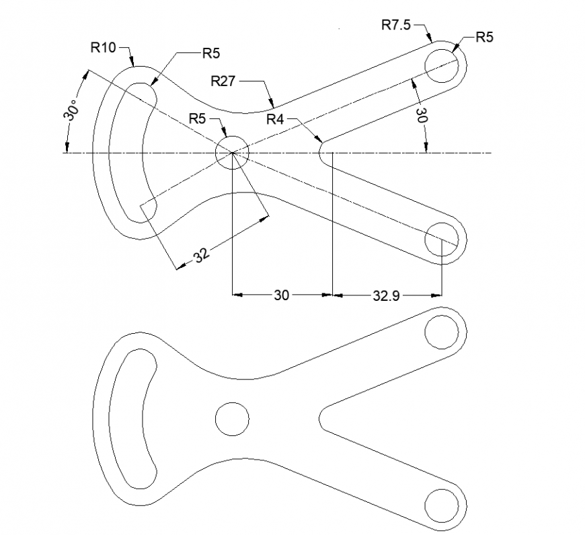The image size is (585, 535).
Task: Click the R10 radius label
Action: [x=103, y=47]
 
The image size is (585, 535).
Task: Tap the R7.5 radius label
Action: [x=396, y=26]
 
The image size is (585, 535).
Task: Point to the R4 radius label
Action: [x=276, y=120]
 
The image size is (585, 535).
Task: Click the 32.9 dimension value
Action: [x=387, y=295]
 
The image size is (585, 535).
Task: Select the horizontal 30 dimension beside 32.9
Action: [x=281, y=295]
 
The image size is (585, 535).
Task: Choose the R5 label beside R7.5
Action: [x=484, y=37]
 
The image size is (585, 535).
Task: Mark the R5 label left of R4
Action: [x=197, y=118]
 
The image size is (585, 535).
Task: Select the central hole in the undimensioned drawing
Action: [x=232, y=419]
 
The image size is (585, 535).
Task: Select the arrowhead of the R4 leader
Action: [x=320, y=141]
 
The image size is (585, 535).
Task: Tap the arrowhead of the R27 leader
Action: [x=274, y=105]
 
